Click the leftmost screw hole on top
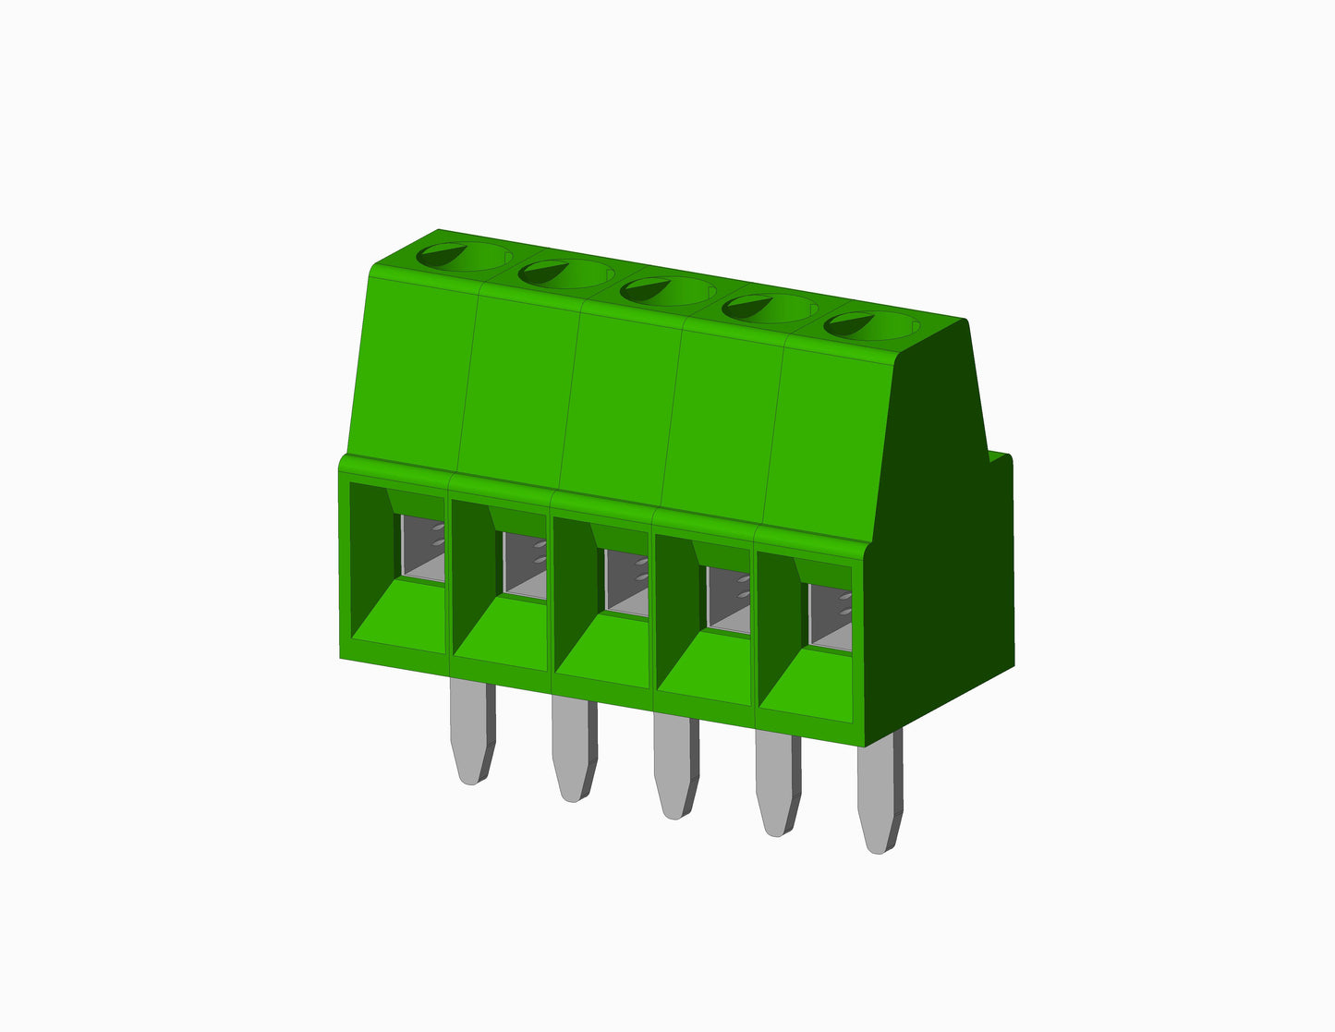click(462, 255)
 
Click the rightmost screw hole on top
click(869, 324)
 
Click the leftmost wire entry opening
click(421, 548)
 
